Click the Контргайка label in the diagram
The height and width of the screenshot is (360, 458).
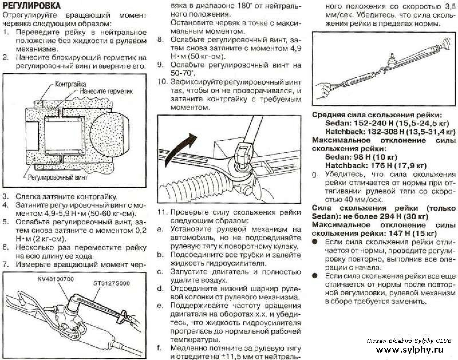pyautogui.click(x=70, y=84)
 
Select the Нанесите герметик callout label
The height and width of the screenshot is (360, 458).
pyautogui.click(x=106, y=91)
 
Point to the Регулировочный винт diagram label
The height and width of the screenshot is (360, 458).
pyautogui.click(x=58, y=177)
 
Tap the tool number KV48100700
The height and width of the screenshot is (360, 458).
pyautogui.click(x=56, y=278)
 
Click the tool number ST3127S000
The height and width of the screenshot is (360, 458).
pyautogui.click(x=112, y=283)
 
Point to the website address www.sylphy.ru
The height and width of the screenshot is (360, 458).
pyautogui.click(x=409, y=350)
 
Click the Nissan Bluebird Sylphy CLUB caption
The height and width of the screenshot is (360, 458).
pyautogui.click(x=409, y=341)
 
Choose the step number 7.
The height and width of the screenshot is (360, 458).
pyautogui.click(x=5, y=264)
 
